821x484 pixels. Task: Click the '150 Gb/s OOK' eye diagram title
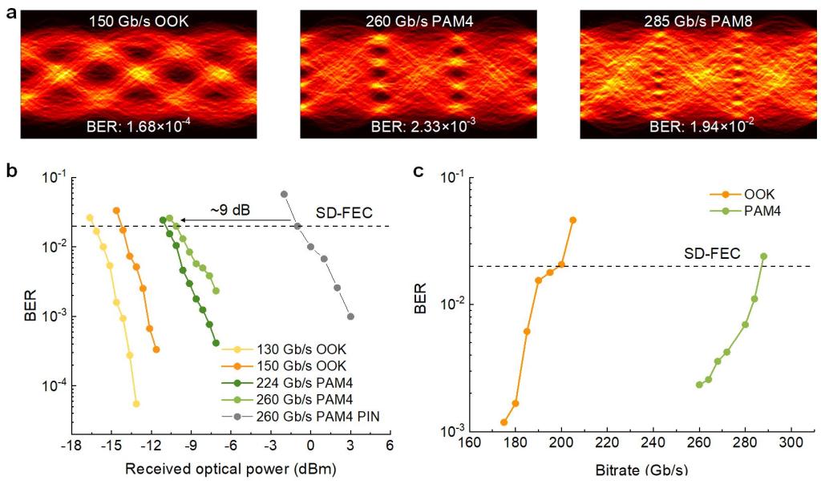139,22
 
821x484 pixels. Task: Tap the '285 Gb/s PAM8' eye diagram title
698,22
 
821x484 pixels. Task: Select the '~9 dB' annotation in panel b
230,210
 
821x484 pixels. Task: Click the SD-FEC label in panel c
712,254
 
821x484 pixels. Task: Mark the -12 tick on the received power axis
151,445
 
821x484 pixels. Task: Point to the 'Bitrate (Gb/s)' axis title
641,470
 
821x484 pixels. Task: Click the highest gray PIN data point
285,194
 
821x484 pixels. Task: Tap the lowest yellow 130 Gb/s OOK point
136,404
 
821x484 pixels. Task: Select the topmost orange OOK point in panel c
572,220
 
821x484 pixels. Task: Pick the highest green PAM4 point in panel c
763,256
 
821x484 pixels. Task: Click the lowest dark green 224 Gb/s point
216,343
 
